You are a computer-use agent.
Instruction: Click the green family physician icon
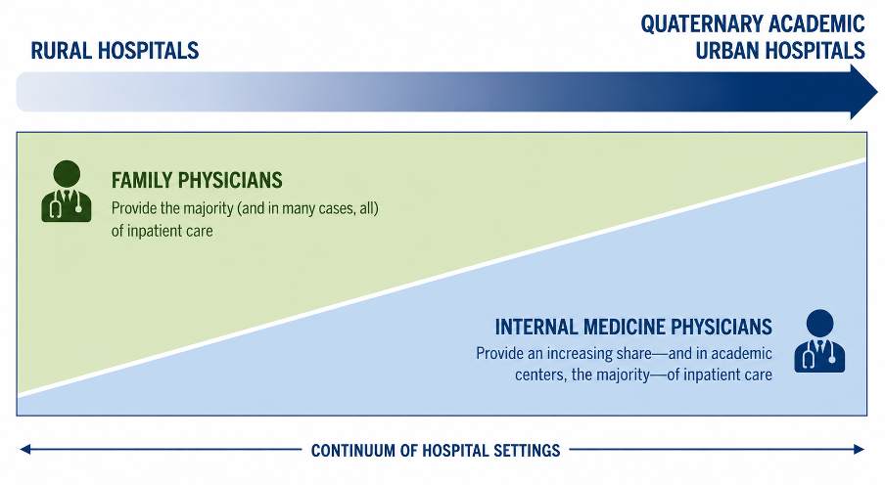click(66, 192)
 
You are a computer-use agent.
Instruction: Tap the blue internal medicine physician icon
click(819, 341)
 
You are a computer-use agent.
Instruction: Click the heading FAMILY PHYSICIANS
click(197, 181)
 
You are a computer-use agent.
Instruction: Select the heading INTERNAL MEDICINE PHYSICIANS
click(633, 328)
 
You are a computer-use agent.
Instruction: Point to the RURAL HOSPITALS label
click(115, 51)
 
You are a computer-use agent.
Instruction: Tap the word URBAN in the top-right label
click(727, 51)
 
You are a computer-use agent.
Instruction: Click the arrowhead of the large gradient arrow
click(863, 92)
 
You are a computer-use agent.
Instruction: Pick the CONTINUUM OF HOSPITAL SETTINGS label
click(436, 451)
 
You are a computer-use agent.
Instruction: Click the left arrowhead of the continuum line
click(24, 450)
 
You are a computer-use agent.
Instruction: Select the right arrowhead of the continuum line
click(859, 450)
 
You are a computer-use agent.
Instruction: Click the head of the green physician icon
click(67, 173)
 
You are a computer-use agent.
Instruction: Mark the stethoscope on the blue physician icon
click(819, 355)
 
